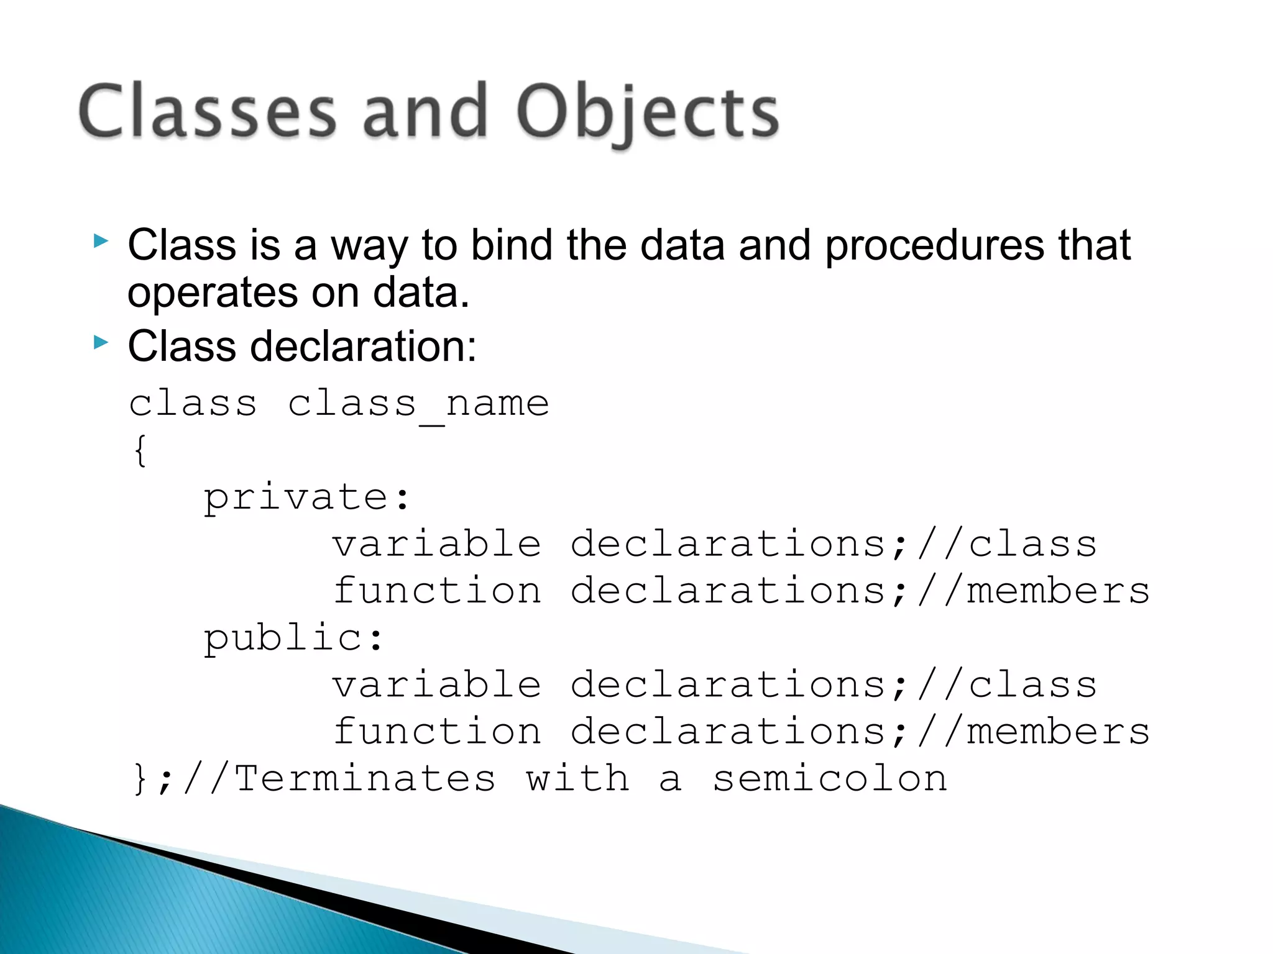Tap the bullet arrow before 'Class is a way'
point(101,241)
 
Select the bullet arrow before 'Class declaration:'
point(101,342)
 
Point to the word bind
point(511,245)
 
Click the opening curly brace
point(140,451)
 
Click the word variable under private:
point(437,545)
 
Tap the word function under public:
point(437,732)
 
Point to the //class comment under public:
point(1007,685)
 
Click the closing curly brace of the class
point(140,779)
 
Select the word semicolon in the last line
point(830,779)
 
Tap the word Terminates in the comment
point(365,779)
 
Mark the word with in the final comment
point(577,779)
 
